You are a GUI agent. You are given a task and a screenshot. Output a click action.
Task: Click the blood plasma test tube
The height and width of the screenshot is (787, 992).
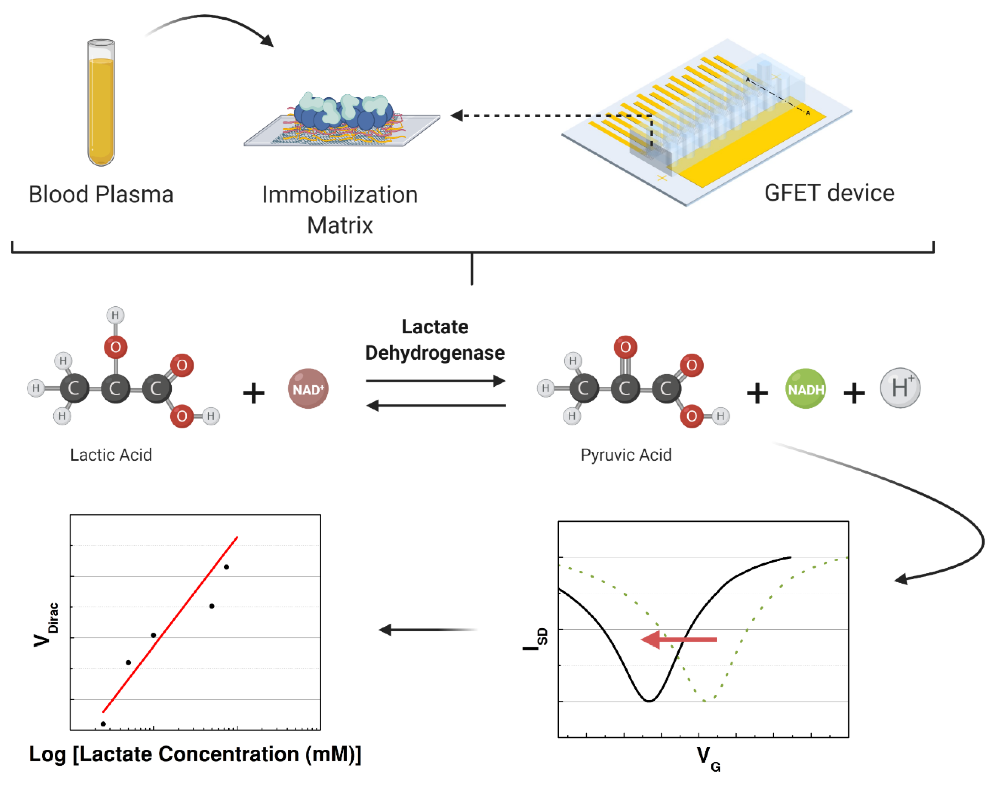click(x=101, y=103)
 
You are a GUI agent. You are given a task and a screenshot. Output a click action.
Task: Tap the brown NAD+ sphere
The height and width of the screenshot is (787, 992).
click(x=308, y=389)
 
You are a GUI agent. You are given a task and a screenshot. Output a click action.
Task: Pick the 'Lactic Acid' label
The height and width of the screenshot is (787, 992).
click(x=111, y=455)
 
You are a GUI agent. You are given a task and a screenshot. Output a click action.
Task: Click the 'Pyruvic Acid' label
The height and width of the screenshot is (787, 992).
click(x=626, y=455)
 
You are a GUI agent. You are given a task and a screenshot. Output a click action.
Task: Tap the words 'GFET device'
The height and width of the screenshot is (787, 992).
click(x=829, y=193)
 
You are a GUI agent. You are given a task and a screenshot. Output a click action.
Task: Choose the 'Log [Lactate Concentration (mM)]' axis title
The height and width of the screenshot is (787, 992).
click(x=195, y=754)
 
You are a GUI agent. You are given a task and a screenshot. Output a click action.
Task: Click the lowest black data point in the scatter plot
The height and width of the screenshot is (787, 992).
click(x=103, y=724)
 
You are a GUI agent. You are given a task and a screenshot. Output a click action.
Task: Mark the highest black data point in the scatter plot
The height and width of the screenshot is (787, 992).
click(x=226, y=567)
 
